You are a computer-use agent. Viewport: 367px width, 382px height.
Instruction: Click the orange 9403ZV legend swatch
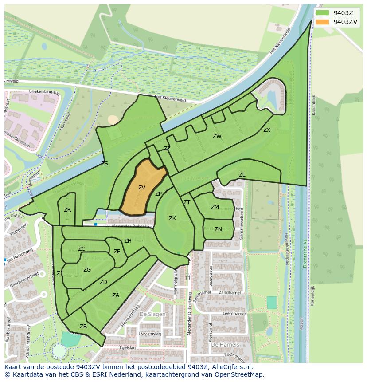322,22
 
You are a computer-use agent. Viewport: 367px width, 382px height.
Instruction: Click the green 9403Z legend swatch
322,13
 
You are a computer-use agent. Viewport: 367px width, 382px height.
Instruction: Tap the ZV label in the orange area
142,188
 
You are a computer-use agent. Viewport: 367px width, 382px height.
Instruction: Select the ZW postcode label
217,136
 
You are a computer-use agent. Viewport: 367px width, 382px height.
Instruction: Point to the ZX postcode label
267,130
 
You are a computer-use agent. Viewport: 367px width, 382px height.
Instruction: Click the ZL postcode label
242,175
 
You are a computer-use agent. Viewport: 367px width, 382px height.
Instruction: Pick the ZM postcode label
215,207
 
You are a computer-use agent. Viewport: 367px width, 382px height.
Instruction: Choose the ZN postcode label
218,229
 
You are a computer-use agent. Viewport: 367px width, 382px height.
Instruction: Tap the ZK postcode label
172,218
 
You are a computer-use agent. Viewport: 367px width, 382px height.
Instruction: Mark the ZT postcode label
187,202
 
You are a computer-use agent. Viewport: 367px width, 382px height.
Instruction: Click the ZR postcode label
67,210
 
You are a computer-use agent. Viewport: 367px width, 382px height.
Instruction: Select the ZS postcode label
105,164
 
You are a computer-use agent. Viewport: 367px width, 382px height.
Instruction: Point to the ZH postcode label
128,241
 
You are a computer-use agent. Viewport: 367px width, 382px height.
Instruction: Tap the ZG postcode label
87,269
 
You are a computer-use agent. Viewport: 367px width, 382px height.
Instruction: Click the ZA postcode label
116,295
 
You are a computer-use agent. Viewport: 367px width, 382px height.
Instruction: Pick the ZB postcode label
83,327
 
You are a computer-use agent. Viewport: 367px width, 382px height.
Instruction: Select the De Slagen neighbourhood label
152,314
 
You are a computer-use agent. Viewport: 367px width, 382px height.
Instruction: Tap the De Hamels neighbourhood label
225,344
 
